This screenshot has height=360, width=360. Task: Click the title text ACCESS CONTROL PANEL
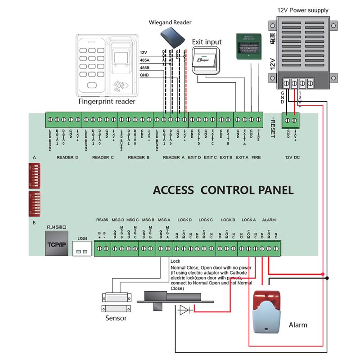coord(223,189)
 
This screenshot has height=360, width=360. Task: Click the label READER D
coord(68,157)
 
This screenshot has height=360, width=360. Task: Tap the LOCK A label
coord(248,220)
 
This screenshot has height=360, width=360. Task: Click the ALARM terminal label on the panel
coord(269,220)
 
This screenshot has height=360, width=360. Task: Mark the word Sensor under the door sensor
coord(116,318)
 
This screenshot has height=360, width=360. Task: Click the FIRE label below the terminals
coord(256,157)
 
